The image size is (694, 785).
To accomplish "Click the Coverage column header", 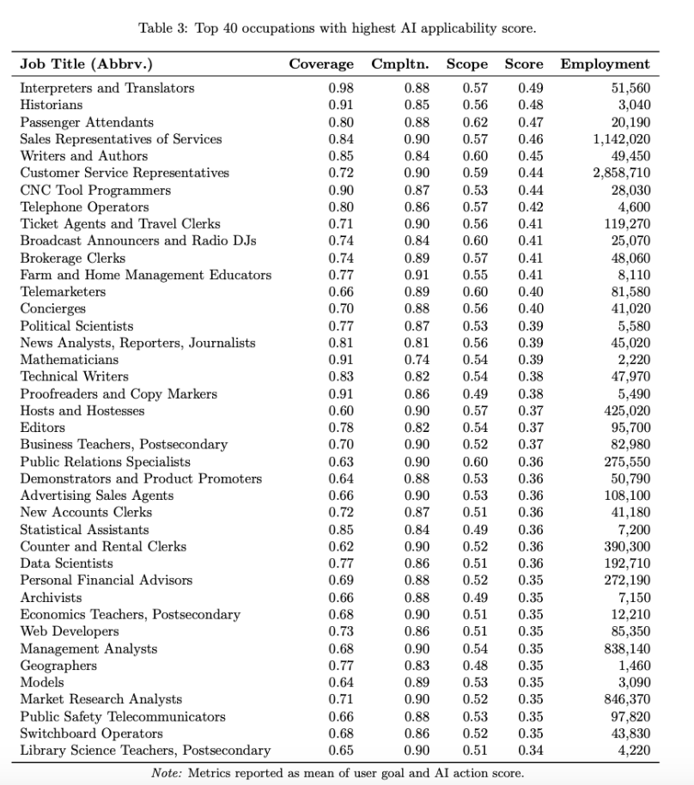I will (x=321, y=64).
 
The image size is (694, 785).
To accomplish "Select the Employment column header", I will (x=605, y=64).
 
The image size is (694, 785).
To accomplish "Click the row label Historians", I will (x=52, y=105).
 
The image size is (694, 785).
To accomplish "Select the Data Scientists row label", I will (x=66, y=563).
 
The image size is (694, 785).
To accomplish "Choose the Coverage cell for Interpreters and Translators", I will (x=341, y=88).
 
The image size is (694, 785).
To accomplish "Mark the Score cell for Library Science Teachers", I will (x=530, y=751).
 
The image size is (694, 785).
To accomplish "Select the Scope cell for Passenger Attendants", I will (x=475, y=122).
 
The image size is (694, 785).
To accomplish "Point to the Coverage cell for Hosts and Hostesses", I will (x=341, y=411).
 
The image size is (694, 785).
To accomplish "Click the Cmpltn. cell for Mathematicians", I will (x=417, y=360).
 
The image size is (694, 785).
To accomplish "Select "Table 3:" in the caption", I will (x=164, y=28).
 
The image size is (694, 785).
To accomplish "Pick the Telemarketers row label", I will (x=63, y=292).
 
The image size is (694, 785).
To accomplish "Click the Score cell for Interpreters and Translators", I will (x=530, y=88).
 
